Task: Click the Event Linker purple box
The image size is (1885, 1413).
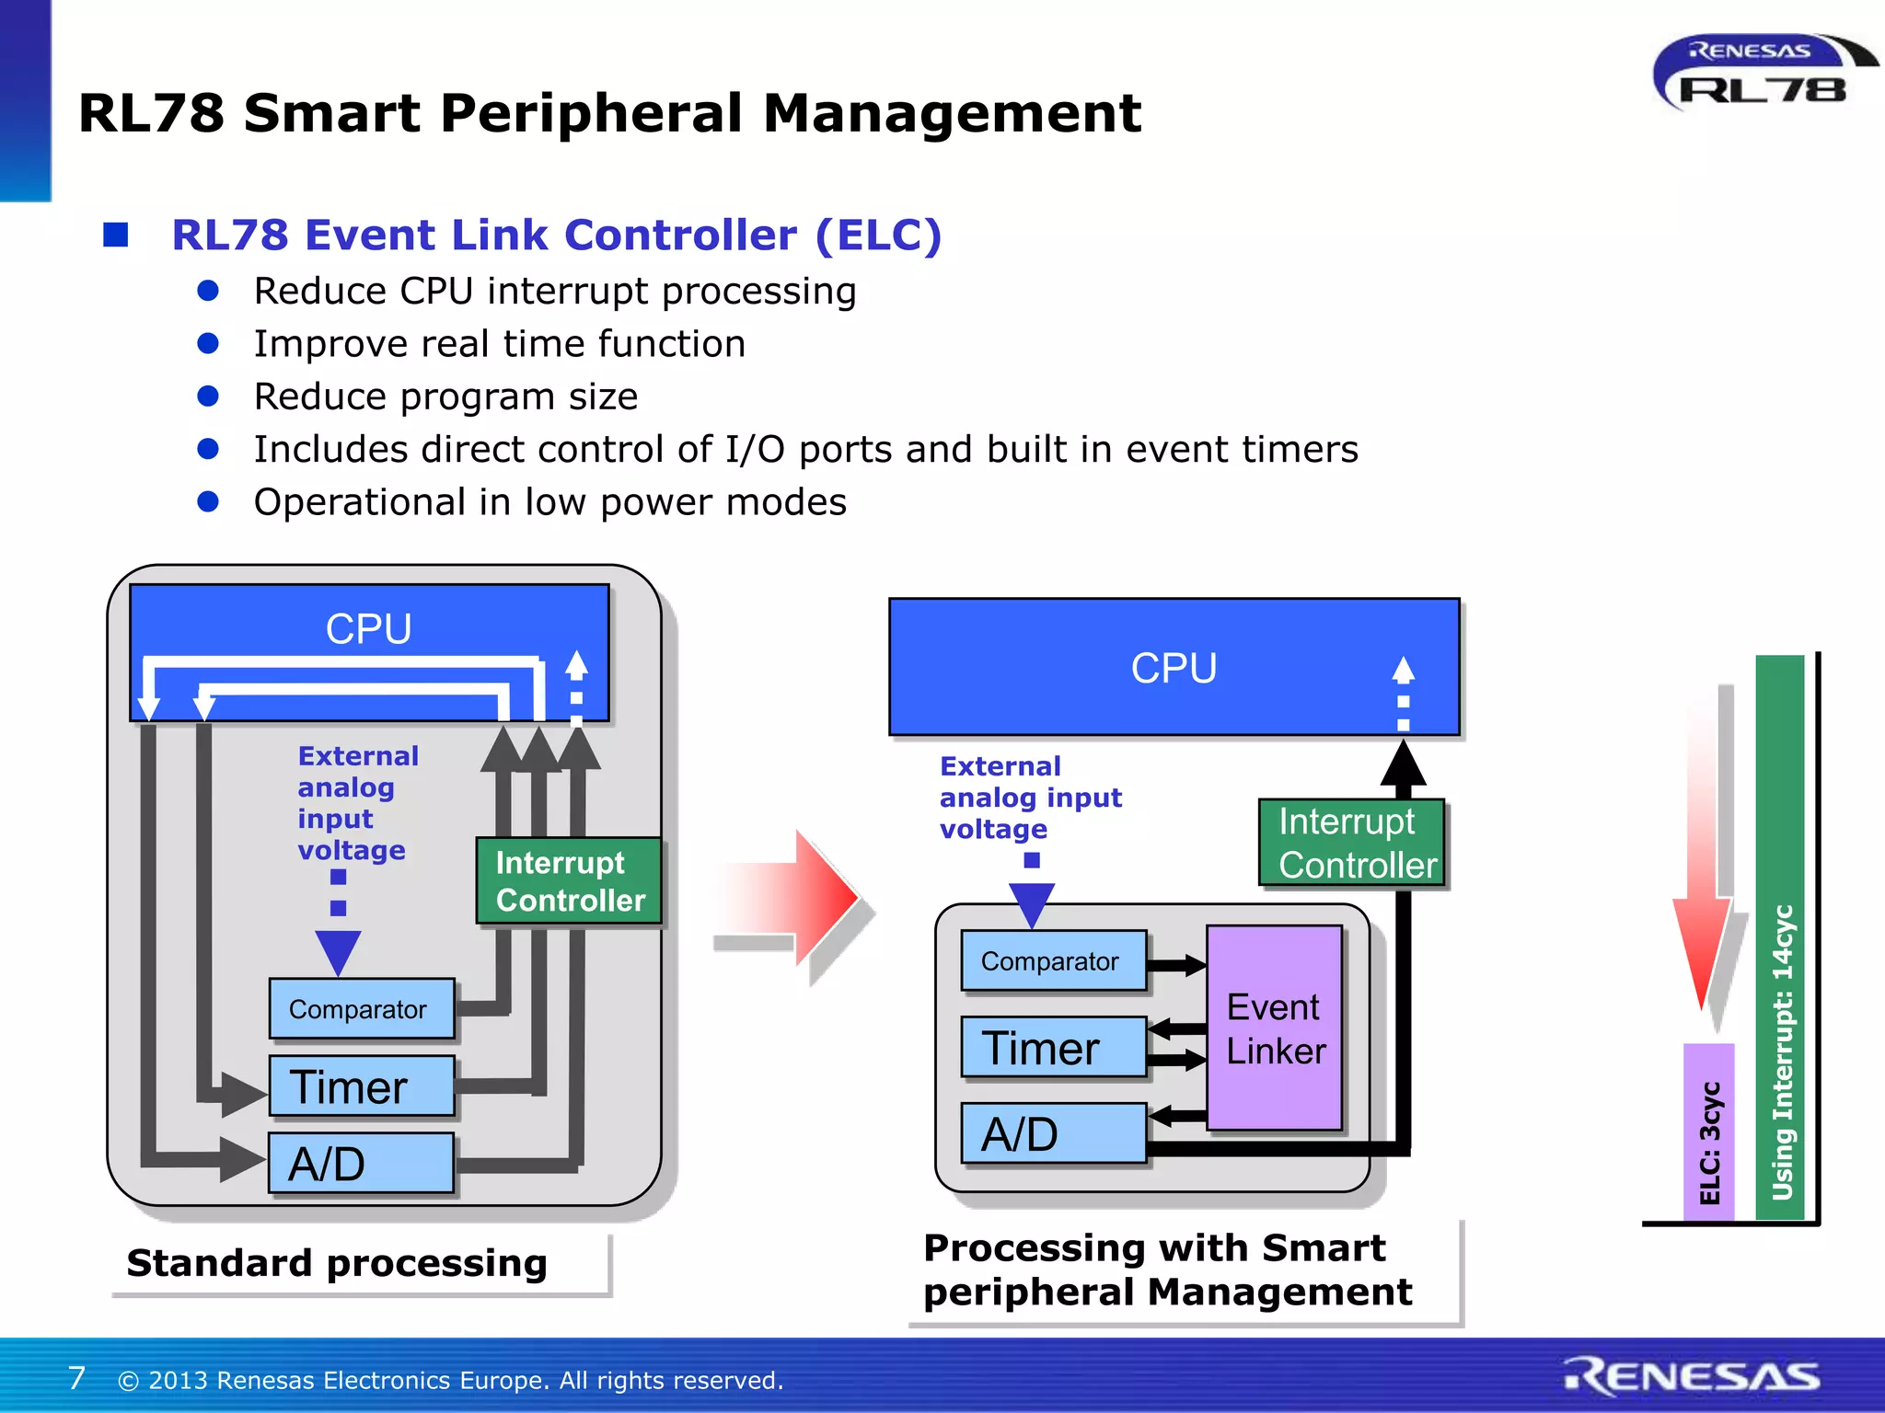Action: pyautogui.click(x=1275, y=1028)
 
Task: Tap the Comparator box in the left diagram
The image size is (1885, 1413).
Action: pyautogui.click(x=361, y=1009)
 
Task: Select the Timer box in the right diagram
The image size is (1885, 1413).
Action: pyautogui.click(x=1053, y=1048)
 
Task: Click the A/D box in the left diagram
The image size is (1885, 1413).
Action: pyautogui.click(x=361, y=1164)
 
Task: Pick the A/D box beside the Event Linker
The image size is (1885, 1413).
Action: pyautogui.click(x=1053, y=1133)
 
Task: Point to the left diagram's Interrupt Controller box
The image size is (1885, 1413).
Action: pyautogui.click(x=569, y=880)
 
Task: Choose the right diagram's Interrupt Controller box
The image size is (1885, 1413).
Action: pyautogui.click(x=1351, y=843)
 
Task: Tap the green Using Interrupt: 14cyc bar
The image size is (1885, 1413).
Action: pyautogui.click(x=1780, y=938)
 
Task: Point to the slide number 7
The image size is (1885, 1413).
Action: pyautogui.click(x=76, y=1378)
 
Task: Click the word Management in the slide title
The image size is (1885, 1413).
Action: pyautogui.click(x=952, y=113)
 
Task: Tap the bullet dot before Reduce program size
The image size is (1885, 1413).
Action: pyautogui.click(x=208, y=396)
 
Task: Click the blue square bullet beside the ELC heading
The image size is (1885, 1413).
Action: pyautogui.click(x=116, y=235)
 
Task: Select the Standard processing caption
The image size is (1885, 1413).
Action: pyautogui.click(x=337, y=1263)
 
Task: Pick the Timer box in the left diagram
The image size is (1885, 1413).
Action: pyautogui.click(x=361, y=1086)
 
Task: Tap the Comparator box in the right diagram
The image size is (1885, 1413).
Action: pyautogui.click(x=1053, y=961)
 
